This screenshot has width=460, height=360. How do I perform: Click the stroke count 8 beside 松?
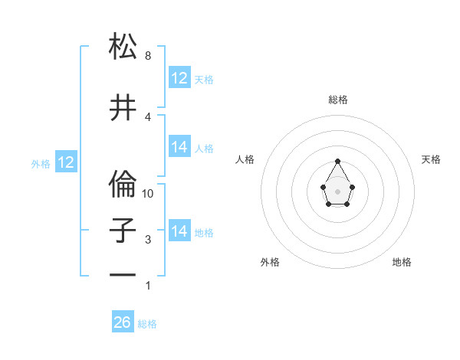click(148, 56)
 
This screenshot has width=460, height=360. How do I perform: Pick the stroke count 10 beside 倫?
click(149, 194)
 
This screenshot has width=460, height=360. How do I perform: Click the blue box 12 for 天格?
click(179, 78)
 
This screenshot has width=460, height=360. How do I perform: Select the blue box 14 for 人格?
click(179, 147)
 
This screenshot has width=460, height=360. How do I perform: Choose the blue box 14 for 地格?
click(179, 231)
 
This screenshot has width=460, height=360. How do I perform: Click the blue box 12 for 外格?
click(66, 162)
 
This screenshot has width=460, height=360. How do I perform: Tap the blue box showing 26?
click(123, 322)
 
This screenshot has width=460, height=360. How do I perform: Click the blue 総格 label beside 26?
click(147, 323)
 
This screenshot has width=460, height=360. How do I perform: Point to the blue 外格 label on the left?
click(41, 163)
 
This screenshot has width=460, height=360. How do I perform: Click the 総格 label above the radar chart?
click(338, 100)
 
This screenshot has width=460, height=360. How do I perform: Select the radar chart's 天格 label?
click(431, 159)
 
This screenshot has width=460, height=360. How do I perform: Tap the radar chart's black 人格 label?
click(245, 159)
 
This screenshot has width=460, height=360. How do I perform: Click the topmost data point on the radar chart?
click(338, 161)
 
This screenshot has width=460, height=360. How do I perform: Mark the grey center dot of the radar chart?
click(338, 190)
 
